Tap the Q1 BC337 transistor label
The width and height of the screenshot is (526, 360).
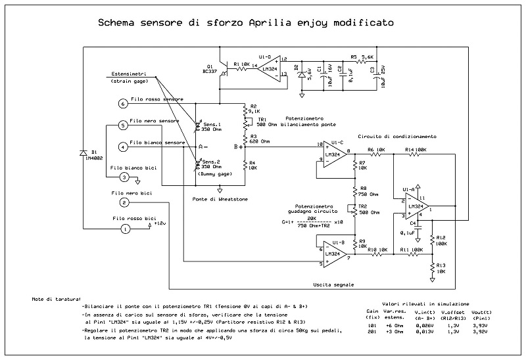click(210, 68)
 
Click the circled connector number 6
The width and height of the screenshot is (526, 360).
click(122, 103)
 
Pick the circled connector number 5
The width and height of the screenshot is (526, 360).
click(122, 125)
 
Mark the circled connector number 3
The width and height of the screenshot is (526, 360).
click(124, 177)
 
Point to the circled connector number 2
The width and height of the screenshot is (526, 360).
click(124, 203)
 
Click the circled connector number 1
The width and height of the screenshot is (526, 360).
click(124, 229)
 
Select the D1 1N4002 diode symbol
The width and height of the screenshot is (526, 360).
click(84, 153)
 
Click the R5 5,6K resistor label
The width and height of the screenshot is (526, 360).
click(362, 57)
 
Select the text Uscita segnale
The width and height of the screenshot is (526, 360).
click(334, 285)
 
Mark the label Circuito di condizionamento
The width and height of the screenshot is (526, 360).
click(396, 137)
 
